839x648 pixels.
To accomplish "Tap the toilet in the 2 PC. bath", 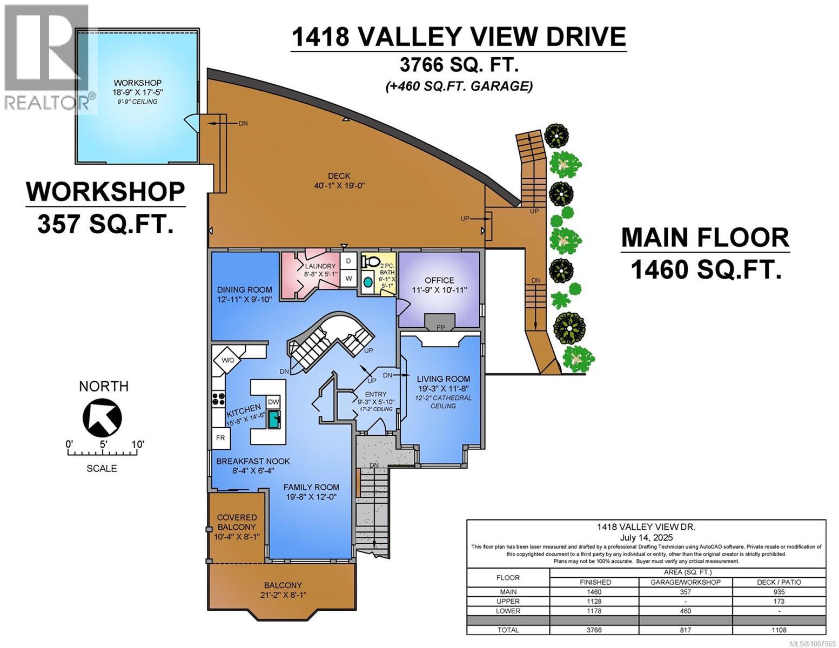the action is [x=370, y=262].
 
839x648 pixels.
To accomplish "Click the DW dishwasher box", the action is [x=273, y=402].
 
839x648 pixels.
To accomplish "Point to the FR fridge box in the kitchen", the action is [x=220, y=437].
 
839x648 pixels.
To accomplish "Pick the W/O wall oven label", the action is [x=228, y=360].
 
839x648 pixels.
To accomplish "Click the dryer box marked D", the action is [x=348, y=261].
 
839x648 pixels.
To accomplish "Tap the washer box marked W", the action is [x=348, y=278].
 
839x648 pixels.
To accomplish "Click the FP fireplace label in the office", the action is [x=440, y=328].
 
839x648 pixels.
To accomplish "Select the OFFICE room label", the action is [x=439, y=280].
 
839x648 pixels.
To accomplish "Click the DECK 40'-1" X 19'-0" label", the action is [x=339, y=180].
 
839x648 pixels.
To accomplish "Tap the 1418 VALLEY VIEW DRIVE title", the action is [x=458, y=37].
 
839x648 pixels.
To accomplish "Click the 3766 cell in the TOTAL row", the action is [x=594, y=630].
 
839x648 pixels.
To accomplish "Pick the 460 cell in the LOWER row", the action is [x=686, y=611].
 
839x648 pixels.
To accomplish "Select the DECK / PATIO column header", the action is [x=779, y=582].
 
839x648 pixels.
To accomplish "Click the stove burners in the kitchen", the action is [x=219, y=399].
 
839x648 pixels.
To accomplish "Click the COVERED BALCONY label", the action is [x=236, y=522].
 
